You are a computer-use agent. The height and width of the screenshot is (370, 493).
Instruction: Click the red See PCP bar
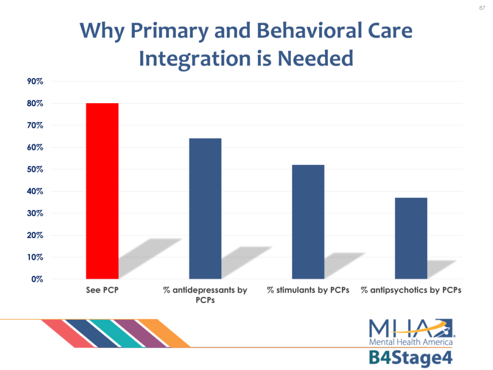[x=102, y=191]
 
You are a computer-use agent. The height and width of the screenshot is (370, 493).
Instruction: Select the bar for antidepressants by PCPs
[x=205, y=209]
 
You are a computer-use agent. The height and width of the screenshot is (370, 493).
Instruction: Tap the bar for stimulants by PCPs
[x=308, y=222]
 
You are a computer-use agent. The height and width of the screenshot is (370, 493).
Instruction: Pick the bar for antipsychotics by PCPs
[x=411, y=238]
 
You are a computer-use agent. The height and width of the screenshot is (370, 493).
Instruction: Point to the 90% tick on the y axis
[x=35, y=81]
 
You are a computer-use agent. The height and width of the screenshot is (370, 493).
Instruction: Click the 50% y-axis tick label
[x=35, y=169]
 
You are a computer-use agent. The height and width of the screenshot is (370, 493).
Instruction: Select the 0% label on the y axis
[x=37, y=279]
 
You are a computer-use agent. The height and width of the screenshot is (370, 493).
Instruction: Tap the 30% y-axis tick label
[x=35, y=213]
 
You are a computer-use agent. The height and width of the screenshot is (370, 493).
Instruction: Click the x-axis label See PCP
[x=102, y=290]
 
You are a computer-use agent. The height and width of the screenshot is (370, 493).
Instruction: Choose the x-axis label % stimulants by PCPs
[x=308, y=290]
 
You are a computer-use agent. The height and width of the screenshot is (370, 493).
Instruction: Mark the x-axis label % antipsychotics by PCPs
[x=411, y=290]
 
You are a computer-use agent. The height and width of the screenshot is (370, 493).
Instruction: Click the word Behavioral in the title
[x=310, y=30]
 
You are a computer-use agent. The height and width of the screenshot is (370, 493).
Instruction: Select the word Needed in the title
[x=315, y=58]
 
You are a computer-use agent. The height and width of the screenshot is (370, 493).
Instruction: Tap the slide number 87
[x=482, y=8]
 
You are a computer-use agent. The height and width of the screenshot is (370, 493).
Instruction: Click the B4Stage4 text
[x=411, y=358]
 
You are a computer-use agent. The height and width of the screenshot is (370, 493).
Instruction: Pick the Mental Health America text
[x=411, y=342]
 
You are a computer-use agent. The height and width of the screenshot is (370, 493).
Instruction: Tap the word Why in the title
[x=102, y=31]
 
